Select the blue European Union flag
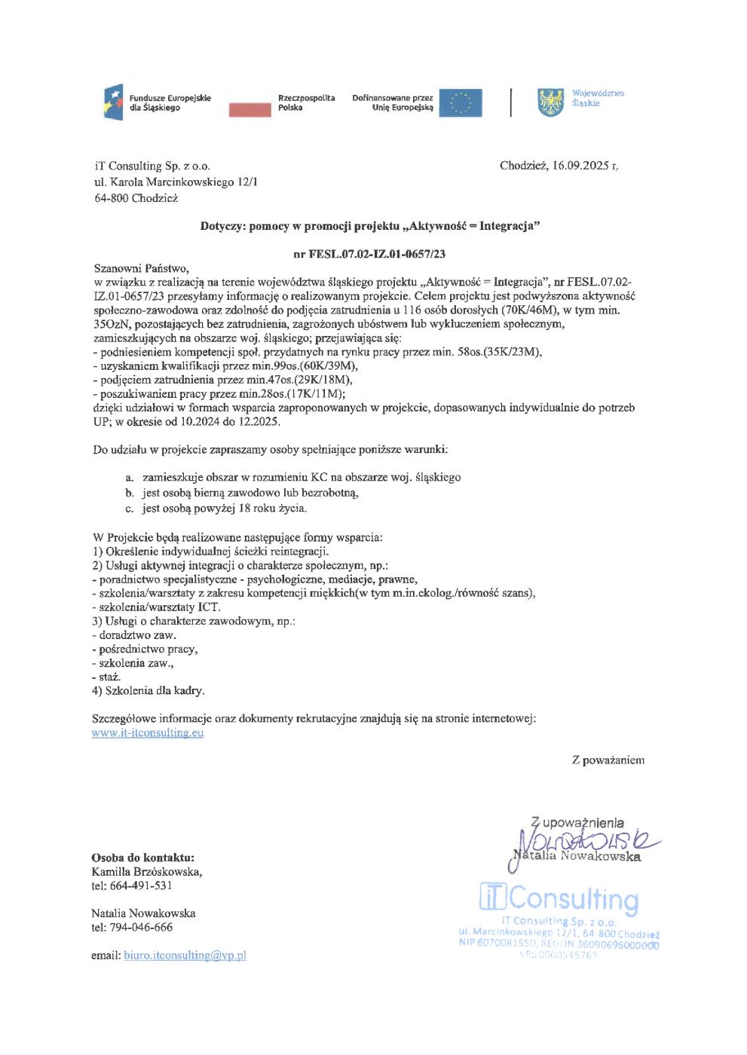(x=461, y=102)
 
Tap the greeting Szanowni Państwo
(x=138, y=268)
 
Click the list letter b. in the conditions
(x=130, y=494)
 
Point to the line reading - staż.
(x=106, y=676)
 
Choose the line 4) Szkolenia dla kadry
(x=148, y=690)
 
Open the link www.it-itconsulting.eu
(x=148, y=732)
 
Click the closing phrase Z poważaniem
(x=608, y=760)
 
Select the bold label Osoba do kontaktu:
(x=143, y=858)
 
